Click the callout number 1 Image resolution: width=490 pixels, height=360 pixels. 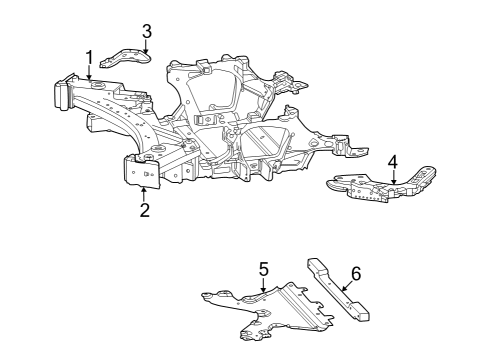(x=89, y=57)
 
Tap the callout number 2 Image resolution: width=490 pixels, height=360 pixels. (x=144, y=210)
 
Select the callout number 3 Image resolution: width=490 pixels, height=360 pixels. (x=147, y=31)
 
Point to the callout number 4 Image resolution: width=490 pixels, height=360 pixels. (x=393, y=161)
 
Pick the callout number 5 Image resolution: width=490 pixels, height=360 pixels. (x=264, y=268)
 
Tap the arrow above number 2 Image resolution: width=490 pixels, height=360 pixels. (x=144, y=192)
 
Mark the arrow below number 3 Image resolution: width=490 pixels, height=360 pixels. (x=147, y=47)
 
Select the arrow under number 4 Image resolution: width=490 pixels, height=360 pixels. (x=393, y=177)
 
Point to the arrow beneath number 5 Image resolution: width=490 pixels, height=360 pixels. (x=263, y=285)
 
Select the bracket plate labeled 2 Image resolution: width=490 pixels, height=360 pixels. (x=140, y=171)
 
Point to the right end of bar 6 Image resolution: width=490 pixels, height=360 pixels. (x=364, y=316)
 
